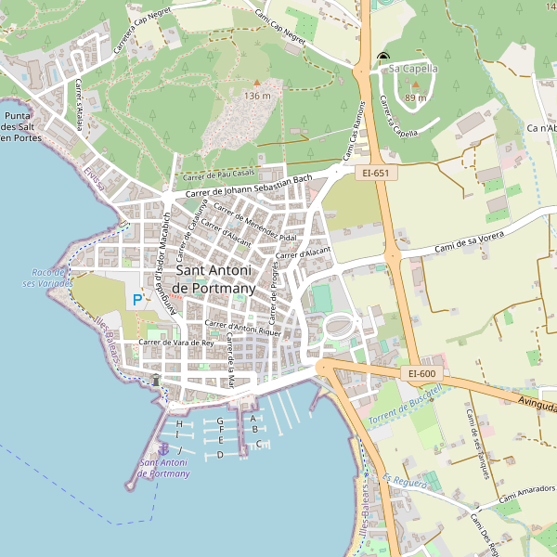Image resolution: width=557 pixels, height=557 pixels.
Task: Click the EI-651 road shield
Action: [375, 173]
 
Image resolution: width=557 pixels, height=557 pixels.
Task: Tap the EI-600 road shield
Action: [421, 373]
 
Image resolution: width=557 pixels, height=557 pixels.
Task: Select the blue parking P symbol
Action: [137, 300]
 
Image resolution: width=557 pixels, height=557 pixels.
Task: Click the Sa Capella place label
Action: [413, 68]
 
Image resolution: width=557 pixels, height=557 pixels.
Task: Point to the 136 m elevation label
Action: [257, 96]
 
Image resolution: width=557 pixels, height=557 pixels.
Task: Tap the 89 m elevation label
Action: [415, 97]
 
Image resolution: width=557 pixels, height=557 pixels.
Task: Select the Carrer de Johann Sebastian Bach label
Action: [249, 186]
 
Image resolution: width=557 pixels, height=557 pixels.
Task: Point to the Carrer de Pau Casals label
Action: [219, 175]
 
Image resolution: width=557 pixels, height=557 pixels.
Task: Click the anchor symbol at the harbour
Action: [164, 449]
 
